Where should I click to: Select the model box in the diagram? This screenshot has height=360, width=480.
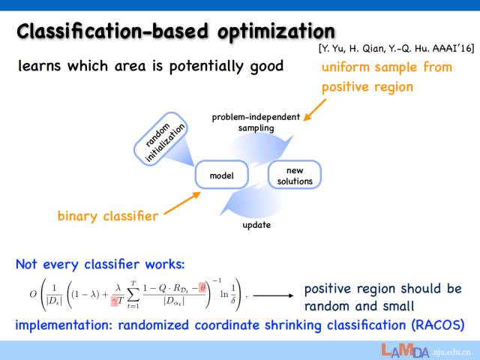[x=221, y=175]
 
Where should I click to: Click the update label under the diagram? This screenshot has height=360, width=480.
[x=256, y=225]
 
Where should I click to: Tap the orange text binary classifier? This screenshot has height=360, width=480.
[x=108, y=217]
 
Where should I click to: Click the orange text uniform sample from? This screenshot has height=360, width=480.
[x=387, y=67]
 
